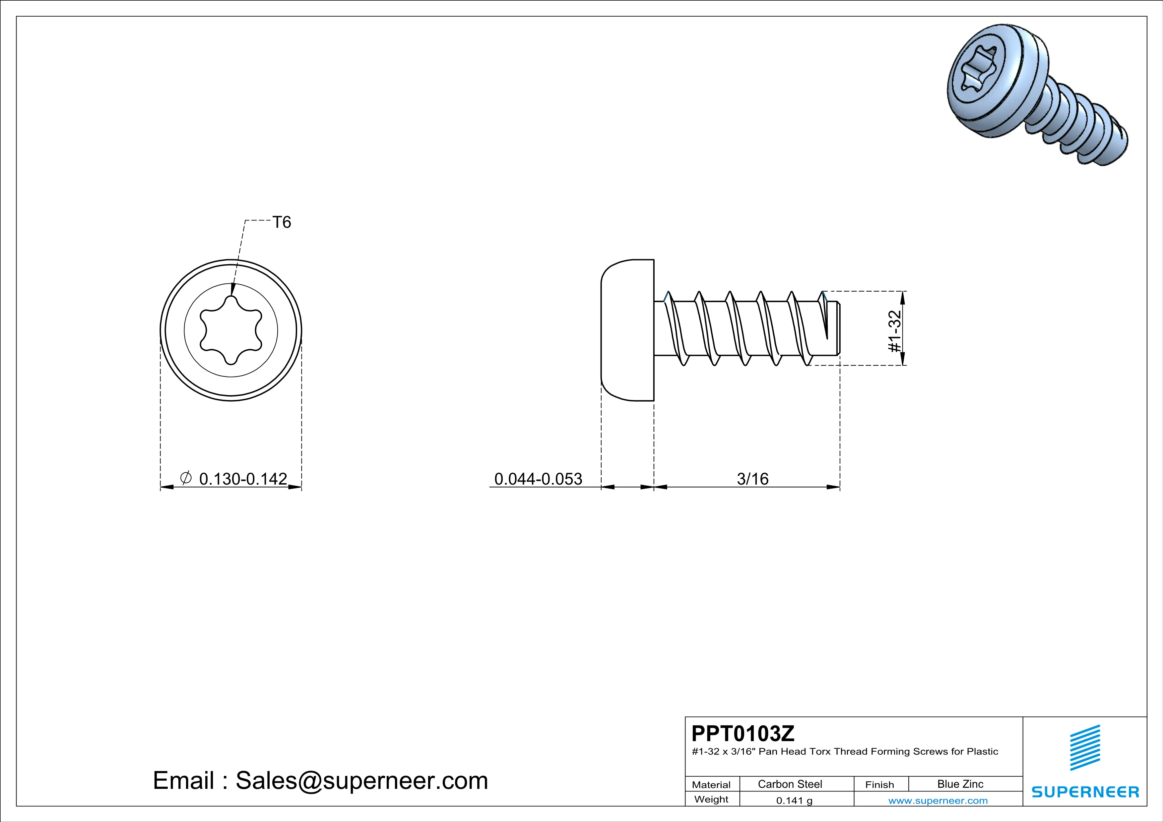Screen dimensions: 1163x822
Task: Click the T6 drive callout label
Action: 282,222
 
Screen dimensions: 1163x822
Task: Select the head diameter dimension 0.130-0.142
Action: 243,479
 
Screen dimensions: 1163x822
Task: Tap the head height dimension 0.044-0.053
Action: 538,479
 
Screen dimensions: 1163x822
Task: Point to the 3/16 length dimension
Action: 753,479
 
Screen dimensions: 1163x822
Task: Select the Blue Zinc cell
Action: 960,784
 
